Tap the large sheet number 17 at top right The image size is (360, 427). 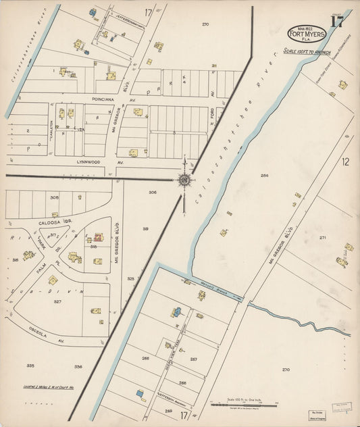click(336, 20)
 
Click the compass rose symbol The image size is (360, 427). click(184, 179)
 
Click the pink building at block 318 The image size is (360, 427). click(98, 238)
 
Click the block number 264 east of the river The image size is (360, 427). click(264, 176)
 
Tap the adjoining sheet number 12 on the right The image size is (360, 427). click(345, 161)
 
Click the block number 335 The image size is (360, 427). click(30, 366)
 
